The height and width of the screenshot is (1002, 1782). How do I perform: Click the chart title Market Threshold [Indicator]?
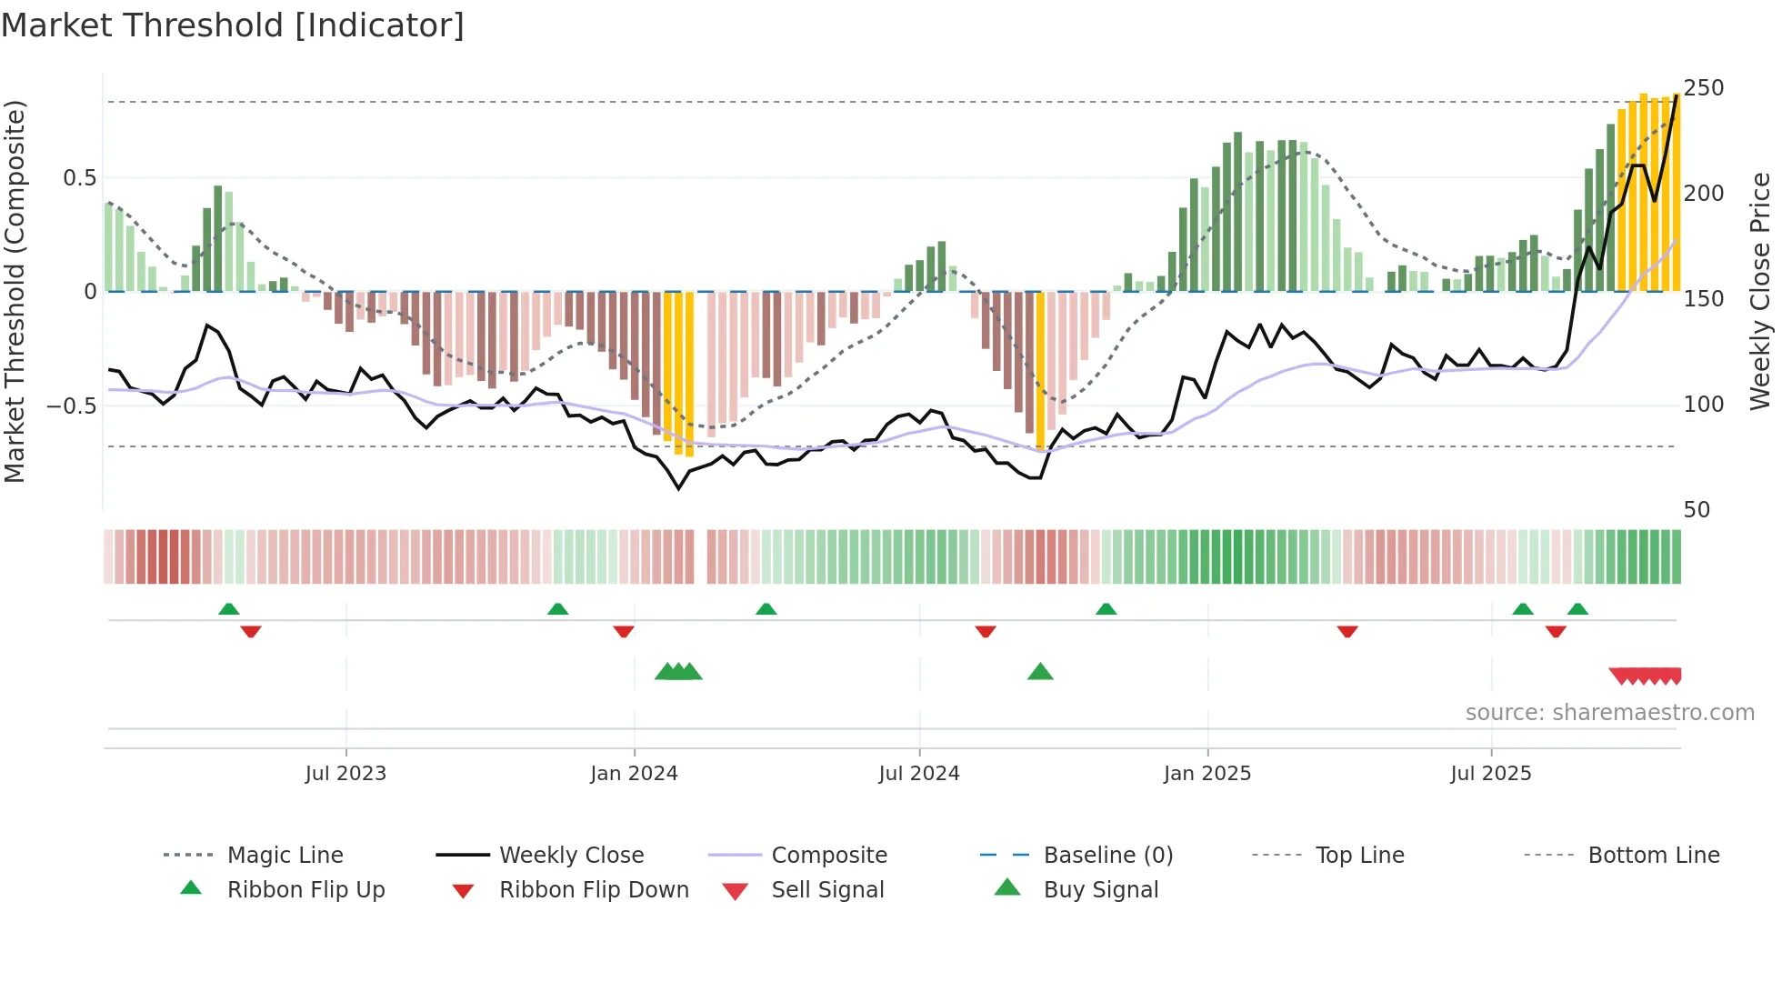pos(233,25)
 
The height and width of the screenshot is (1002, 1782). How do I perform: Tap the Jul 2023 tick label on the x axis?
pos(345,774)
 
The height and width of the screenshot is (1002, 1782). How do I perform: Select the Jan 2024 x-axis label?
pos(634,774)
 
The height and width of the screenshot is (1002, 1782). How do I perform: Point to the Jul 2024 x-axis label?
pos(918,774)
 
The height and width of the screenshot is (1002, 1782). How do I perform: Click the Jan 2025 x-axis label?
pos(1207,774)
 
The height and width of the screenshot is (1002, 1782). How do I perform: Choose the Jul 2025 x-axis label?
pos(1491,774)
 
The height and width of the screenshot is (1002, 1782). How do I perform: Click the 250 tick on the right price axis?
pos(1703,88)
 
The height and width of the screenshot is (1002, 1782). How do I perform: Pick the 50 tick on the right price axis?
pos(1697,510)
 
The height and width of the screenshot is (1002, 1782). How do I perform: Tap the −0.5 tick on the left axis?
pos(72,406)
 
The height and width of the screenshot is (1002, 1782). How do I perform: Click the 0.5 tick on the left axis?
pos(80,178)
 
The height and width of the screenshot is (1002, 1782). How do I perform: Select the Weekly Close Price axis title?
pos(1760,291)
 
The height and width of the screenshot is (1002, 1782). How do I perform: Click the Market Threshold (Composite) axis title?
pos(15,291)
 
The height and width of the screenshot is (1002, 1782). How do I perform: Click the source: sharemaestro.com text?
pos(1609,713)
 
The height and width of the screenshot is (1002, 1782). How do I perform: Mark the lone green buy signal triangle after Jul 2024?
pos(1040,673)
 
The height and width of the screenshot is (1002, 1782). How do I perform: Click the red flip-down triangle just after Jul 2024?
pos(986,631)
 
